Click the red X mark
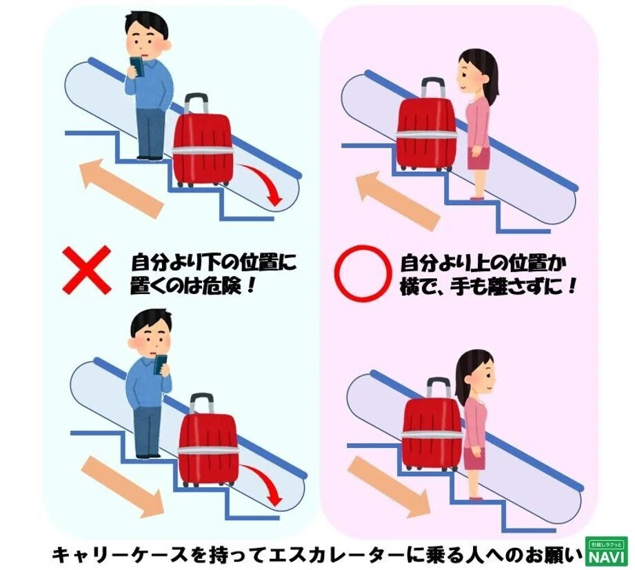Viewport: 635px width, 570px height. [x=86, y=270]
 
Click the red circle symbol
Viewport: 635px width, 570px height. [x=363, y=273]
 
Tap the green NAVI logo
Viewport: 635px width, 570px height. [x=605, y=551]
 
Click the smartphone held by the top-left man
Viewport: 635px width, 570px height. [x=137, y=66]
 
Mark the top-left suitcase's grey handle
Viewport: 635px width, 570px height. [x=196, y=104]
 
